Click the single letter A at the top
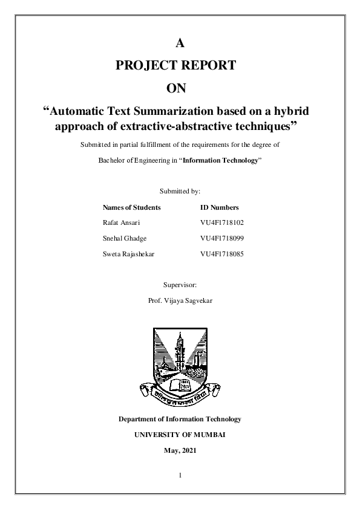tap(180, 42)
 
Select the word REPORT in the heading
tap(212, 65)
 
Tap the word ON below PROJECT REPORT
tap(180, 88)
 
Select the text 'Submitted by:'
tap(180, 191)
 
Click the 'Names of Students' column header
tap(132, 207)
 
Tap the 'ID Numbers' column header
tap(219, 207)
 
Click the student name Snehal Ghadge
tap(125, 238)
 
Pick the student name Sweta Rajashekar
tap(129, 254)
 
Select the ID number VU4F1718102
tap(221, 222)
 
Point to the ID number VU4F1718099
tap(221, 238)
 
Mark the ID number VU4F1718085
tap(221, 254)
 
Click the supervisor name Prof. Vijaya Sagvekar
tap(180, 300)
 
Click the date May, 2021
tap(180, 450)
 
